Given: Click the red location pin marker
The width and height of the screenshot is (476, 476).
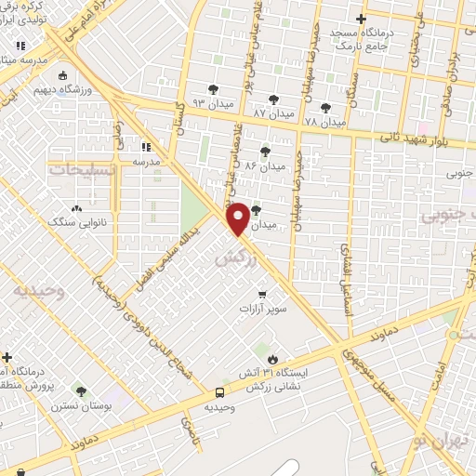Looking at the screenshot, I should [238, 218].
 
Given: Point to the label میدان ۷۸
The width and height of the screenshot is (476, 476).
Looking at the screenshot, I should [324, 122].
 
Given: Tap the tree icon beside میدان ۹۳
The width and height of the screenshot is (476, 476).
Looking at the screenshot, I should [214, 89].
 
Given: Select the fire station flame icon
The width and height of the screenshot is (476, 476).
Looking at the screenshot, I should [271, 358].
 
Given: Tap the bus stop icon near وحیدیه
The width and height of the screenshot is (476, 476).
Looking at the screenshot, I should [219, 392].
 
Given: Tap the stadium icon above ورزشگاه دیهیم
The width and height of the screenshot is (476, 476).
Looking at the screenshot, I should [62, 76].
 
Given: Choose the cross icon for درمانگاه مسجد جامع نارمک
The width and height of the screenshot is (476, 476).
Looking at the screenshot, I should [362, 19].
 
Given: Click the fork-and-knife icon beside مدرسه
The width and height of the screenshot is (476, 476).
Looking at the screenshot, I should [145, 146].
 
